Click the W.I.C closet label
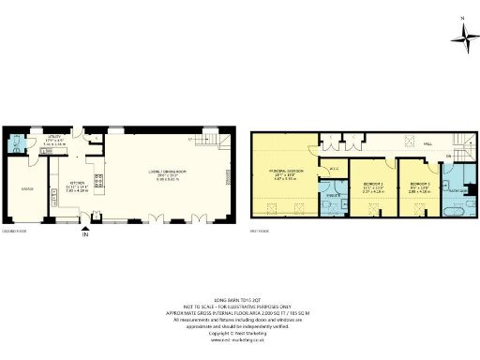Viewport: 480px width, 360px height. coord(335,169)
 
